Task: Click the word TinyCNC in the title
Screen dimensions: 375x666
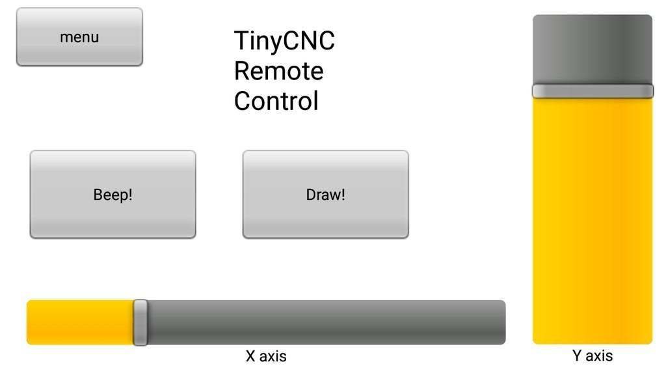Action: tap(284, 41)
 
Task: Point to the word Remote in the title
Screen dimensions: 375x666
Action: tap(278, 71)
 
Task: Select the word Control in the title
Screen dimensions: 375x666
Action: tap(276, 102)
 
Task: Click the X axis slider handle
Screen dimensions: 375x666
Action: tap(140, 322)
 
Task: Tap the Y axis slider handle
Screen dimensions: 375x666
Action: tap(593, 90)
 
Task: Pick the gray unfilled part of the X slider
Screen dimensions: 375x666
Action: tap(325, 322)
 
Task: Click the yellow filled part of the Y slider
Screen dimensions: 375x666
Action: tap(593, 221)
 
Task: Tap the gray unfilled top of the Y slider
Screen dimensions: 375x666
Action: tap(593, 49)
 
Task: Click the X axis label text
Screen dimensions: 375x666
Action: tap(266, 356)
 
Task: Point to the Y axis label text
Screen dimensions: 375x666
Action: tap(593, 355)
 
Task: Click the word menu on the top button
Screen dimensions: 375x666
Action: tap(79, 37)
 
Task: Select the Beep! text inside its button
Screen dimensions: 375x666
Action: tap(113, 195)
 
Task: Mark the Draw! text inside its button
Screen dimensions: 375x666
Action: tap(325, 195)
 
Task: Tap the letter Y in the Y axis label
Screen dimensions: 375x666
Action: tap(577, 355)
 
